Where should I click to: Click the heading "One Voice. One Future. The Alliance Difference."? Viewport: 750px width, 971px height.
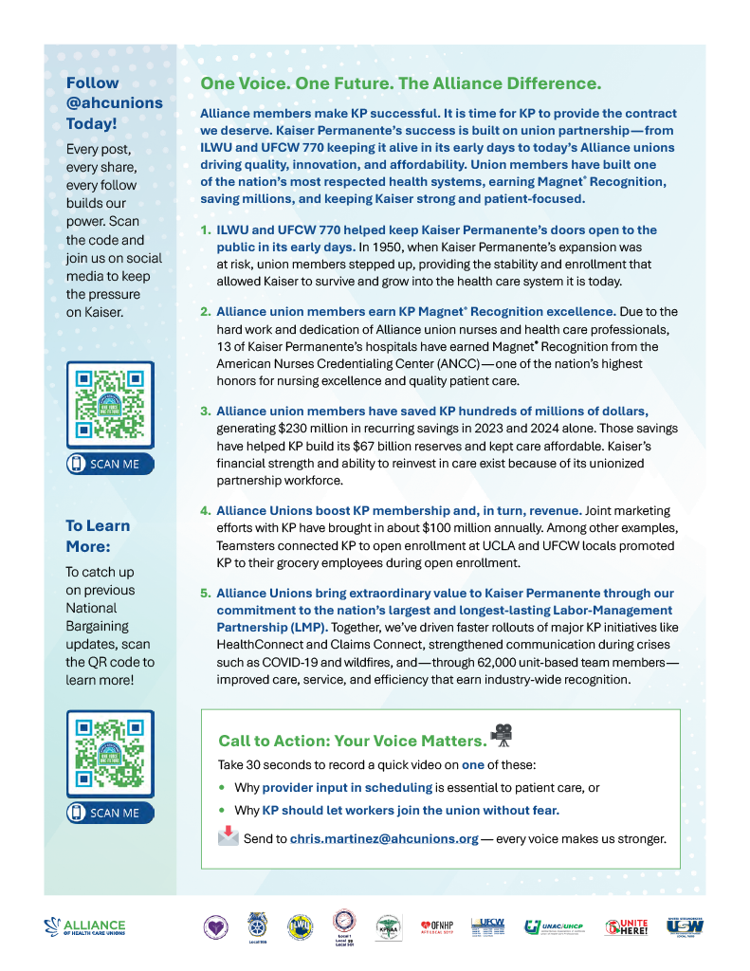[x=400, y=83]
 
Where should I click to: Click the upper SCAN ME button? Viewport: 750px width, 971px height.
[x=110, y=464]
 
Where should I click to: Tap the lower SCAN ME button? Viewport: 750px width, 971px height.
[x=110, y=813]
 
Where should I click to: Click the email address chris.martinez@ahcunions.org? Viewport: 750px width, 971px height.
[x=384, y=838]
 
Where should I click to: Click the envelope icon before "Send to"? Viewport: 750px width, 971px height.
[x=229, y=836]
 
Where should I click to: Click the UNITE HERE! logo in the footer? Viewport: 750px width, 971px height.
[x=626, y=926]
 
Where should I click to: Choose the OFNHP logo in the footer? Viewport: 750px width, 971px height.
[x=438, y=926]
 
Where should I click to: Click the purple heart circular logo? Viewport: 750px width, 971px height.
[x=216, y=926]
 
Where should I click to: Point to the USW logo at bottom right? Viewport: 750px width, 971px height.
[x=684, y=926]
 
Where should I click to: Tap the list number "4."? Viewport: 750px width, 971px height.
[x=205, y=510]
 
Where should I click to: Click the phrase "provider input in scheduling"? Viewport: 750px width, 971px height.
[x=347, y=787]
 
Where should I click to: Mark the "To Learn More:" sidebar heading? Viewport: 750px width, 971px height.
[x=99, y=536]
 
